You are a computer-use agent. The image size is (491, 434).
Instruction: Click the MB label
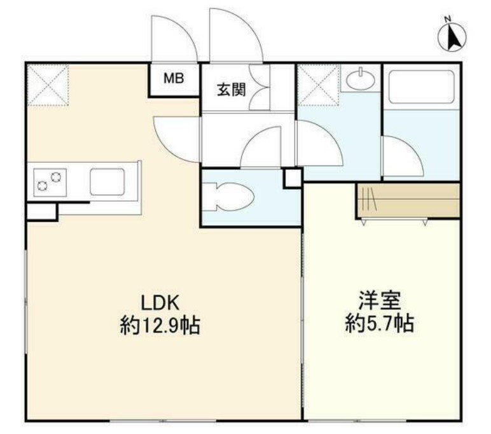point(174,79)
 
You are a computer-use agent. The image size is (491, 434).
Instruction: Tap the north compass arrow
point(453,37)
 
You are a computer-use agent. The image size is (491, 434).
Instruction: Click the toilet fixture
point(227,194)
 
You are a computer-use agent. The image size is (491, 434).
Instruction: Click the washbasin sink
point(361,80)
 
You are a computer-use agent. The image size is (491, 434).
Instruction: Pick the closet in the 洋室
point(407,200)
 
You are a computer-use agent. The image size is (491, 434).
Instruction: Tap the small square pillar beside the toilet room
point(293,178)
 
